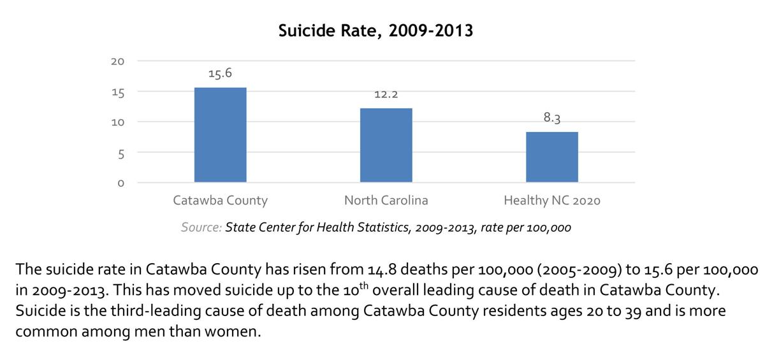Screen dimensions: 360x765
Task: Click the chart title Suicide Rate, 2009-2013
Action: click(375, 30)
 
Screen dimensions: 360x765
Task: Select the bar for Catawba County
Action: click(220, 134)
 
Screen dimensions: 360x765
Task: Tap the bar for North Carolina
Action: click(386, 145)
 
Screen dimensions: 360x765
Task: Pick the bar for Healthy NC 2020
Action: click(551, 157)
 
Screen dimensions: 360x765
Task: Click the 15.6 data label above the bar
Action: click(220, 73)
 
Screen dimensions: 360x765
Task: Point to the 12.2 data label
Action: click(386, 94)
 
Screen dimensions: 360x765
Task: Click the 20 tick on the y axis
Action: click(117, 61)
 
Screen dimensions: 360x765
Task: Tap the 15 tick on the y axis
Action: click(117, 92)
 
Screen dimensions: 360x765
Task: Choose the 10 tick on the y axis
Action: click(117, 122)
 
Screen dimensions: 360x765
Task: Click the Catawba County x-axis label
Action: click(220, 201)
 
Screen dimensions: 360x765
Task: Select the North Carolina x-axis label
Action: click(386, 201)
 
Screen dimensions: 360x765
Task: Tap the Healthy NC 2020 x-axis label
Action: click(551, 201)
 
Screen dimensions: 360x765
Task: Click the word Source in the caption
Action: click(201, 227)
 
